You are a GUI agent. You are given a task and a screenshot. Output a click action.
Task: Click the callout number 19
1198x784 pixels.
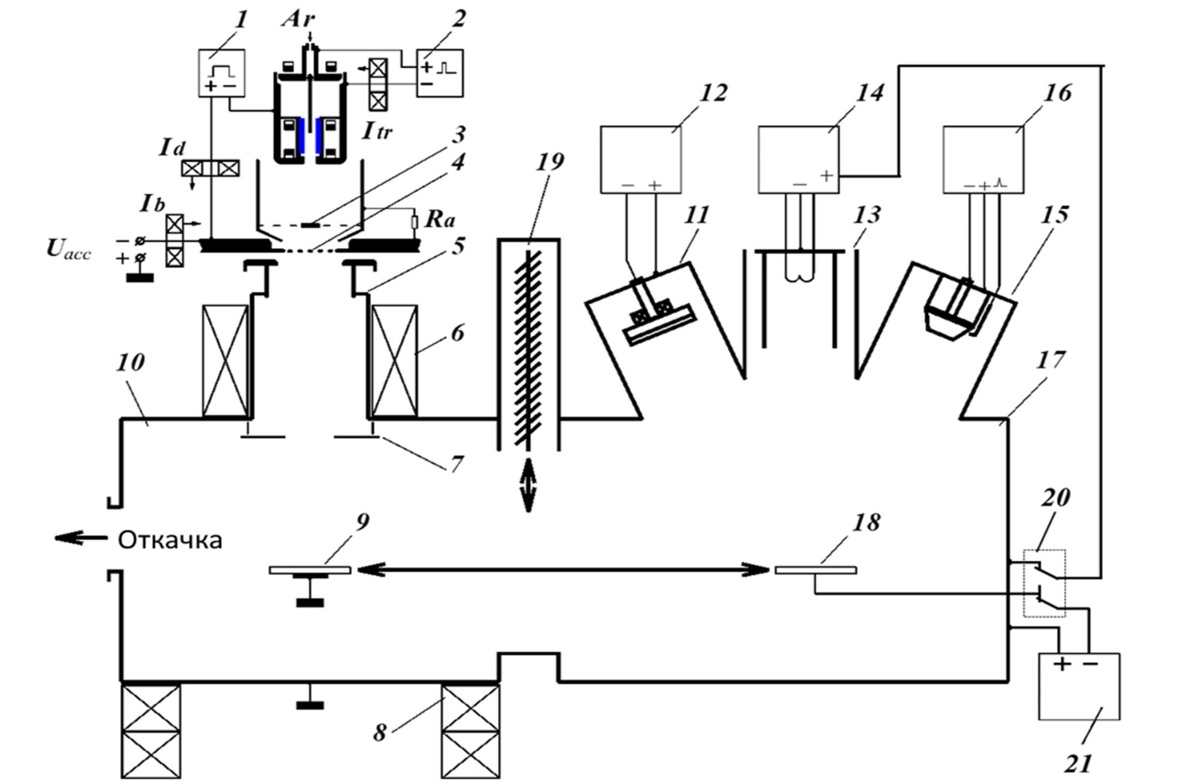click(550, 161)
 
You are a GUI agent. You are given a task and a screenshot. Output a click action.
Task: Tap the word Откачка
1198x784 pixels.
click(170, 541)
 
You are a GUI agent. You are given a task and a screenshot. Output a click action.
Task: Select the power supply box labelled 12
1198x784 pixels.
click(640, 159)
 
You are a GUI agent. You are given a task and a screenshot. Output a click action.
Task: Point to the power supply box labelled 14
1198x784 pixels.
click(798, 159)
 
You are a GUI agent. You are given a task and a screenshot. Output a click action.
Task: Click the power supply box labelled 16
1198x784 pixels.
click(983, 159)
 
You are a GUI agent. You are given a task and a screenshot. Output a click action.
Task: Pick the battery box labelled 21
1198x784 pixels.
click(1079, 686)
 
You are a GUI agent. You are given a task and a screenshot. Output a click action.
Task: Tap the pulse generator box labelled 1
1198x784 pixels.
click(222, 73)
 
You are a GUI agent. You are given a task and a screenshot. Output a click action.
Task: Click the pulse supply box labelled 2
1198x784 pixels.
click(440, 73)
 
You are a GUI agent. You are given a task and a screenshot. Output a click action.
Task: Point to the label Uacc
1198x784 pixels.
click(69, 250)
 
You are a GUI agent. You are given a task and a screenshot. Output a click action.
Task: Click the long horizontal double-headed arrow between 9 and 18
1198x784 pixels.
click(562, 569)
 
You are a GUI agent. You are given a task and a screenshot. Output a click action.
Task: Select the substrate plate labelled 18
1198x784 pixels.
click(815, 570)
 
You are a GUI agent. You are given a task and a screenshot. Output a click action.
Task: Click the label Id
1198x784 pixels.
click(172, 147)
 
